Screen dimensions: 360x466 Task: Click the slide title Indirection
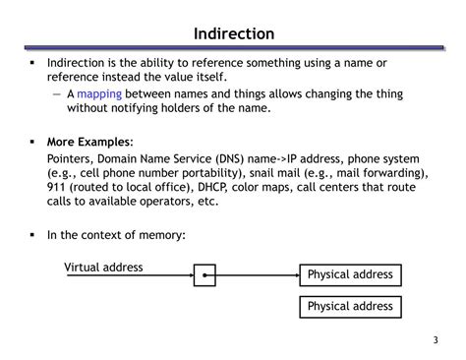tap(233, 34)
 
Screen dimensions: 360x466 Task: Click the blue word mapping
tap(99, 94)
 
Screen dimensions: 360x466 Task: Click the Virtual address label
tap(103, 267)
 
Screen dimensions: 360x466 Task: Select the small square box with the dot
tap(204, 275)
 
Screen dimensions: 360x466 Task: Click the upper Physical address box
tap(350, 274)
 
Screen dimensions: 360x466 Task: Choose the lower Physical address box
tap(350, 307)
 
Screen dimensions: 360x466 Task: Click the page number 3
tap(434, 341)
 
